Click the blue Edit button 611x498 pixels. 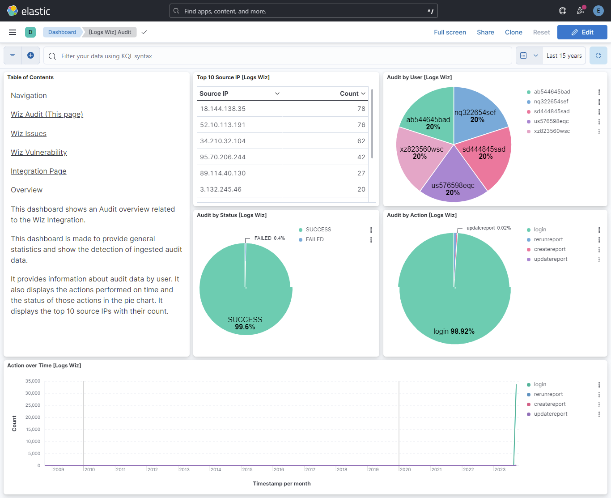pyautogui.click(x=582, y=32)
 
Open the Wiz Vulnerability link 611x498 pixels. pyautogui.click(x=39, y=152)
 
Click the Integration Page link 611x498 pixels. pyautogui.click(x=38, y=171)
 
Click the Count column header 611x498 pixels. pyautogui.click(x=352, y=94)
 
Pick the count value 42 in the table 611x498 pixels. pyautogui.click(x=361, y=157)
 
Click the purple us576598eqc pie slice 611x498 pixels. pyautogui.click(x=453, y=179)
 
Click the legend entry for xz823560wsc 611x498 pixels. pyautogui.click(x=552, y=131)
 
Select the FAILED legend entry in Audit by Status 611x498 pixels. pyautogui.click(x=314, y=239)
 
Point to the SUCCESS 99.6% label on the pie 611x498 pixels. pyautogui.click(x=245, y=323)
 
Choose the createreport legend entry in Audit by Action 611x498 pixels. pyautogui.click(x=549, y=249)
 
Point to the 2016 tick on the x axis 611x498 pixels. pyautogui.click(x=279, y=469)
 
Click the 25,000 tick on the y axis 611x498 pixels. pyautogui.click(x=33, y=405)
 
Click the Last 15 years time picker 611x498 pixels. pyautogui.click(x=564, y=56)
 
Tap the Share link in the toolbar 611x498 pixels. pyautogui.click(x=485, y=32)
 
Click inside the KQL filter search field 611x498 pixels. pyautogui.click(x=277, y=56)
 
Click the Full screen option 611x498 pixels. pyautogui.click(x=450, y=32)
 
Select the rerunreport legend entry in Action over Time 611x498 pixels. pyautogui.click(x=548, y=394)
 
